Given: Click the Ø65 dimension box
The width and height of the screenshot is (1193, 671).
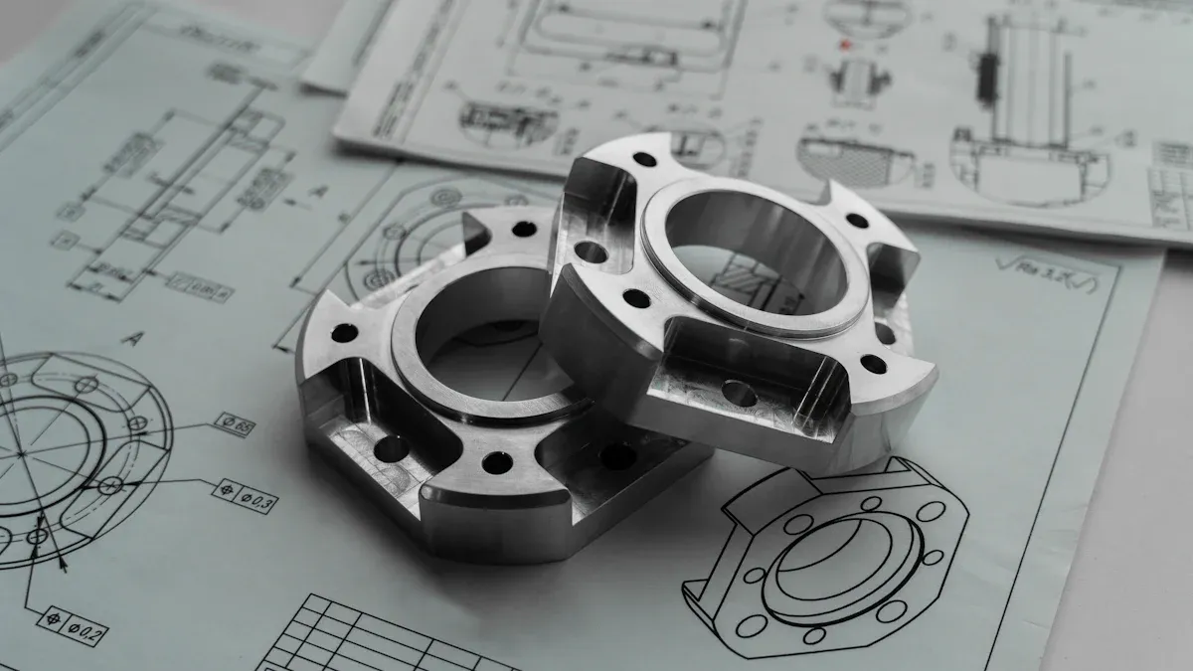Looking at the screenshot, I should (x=235, y=424).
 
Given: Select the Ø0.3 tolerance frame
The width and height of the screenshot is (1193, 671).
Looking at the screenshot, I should (x=247, y=496).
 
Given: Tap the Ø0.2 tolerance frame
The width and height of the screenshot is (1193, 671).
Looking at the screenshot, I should (x=73, y=625).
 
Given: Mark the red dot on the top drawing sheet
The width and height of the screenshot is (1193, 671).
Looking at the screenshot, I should (x=845, y=45).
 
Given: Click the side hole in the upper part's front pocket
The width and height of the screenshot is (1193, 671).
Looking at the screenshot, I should (x=740, y=395).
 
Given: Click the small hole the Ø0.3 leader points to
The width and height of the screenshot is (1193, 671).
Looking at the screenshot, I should (x=111, y=486).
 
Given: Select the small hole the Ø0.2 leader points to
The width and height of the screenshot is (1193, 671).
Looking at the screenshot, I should (x=37, y=538).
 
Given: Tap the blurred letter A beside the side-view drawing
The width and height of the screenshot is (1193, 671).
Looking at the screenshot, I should (x=318, y=190).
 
